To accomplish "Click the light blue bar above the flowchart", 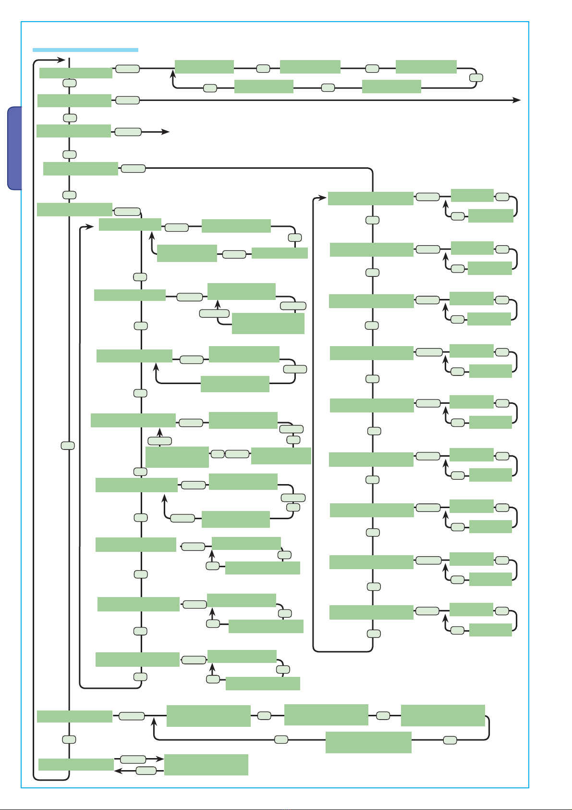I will pos(85,50).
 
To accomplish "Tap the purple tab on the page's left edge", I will pos(15,148).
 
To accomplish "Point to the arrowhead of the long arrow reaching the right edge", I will pos(517,100).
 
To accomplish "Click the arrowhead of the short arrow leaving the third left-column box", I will pos(166,132).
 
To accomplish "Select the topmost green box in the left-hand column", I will pos(75,73).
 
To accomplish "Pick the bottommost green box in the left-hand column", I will pos(76,764).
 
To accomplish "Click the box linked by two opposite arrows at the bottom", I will pos(206,764).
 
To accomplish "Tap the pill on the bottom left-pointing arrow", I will pos(146,771).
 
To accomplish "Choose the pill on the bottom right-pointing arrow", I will pos(133,759).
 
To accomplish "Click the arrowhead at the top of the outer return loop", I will pos(61,60).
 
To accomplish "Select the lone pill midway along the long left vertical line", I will pos(68,446).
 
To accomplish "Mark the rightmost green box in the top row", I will pos(426,67).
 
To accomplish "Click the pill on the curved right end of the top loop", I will pos(476,77).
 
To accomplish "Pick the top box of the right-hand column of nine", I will pos(370,198).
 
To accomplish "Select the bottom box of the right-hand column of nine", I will pos(371,612).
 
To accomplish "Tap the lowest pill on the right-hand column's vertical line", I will pos(374,634).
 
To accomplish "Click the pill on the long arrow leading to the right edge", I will pos(127,100).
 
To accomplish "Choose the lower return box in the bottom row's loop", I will pos(368,742).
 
